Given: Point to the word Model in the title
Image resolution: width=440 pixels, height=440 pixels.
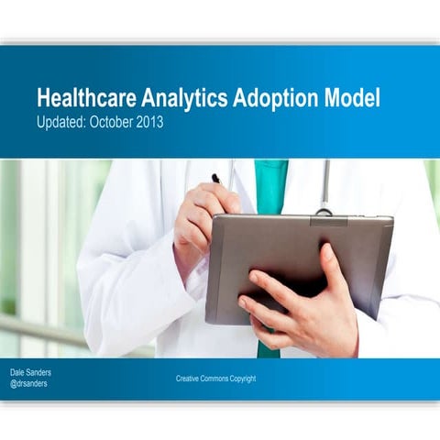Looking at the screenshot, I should point(348,99).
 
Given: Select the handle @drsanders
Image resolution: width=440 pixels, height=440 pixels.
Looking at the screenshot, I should point(31,384).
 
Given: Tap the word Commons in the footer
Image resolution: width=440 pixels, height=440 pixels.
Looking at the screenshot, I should point(221,379).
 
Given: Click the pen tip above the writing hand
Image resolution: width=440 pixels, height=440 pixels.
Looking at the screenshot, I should point(215,178).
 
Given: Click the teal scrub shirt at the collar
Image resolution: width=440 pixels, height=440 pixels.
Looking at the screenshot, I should point(270,183).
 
